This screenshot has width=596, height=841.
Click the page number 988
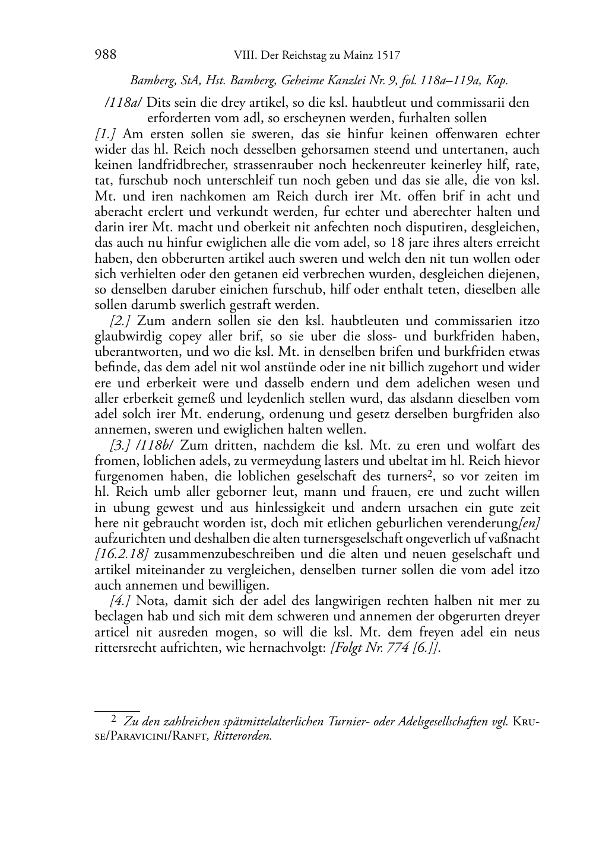pos(105,55)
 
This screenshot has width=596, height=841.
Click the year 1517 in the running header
pos(388,56)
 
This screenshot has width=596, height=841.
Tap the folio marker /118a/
pos(122,103)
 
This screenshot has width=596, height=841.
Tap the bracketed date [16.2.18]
pos(121,554)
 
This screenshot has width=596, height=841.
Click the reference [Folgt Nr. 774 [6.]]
pos(384,648)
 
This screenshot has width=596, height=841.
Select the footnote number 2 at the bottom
pos(114,721)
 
